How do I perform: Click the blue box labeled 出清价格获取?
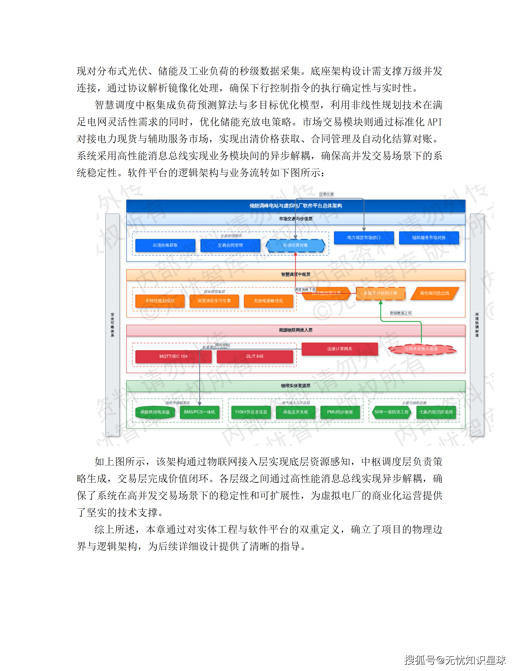(165, 245)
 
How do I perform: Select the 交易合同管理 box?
(230, 245)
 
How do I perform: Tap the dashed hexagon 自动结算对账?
(295, 245)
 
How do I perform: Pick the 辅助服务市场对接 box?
(429, 237)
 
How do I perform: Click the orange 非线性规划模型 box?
(160, 301)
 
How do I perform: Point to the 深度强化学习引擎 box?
(214, 301)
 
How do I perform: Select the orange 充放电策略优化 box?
(268, 301)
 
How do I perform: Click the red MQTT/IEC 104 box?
(173, 356)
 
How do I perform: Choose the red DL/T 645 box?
(255, 356)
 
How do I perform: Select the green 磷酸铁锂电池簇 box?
(155, 412)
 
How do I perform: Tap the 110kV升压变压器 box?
(251, 412)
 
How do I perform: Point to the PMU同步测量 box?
(340, 412)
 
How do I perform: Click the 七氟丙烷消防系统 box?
(436, 412)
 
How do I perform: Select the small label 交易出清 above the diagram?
(326, 194)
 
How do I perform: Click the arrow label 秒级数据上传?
(401, 313)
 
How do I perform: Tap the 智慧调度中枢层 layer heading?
(296, 274)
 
